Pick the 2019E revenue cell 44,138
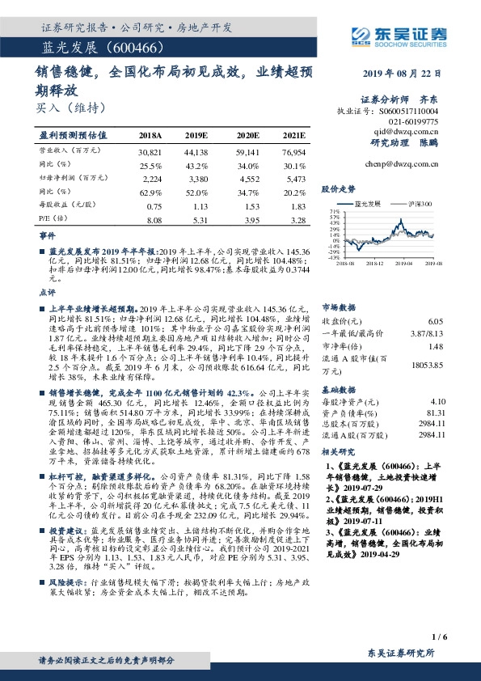coord(196,151)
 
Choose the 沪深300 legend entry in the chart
coord(414,205)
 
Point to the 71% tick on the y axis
coord(334,213)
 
